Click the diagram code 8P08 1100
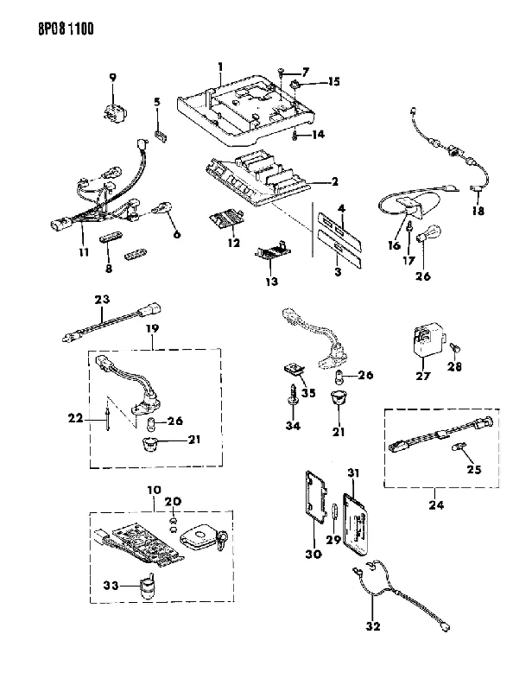[66, 29]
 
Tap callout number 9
[113, 78]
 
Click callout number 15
[334, 81]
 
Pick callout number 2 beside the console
[334, 181]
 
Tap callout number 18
[478, 211]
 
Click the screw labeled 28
[455, 349]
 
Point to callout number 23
[102, 299]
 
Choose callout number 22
[75, 417]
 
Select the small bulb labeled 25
[458, 449]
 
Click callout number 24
[436, 504]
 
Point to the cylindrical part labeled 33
[147, 586]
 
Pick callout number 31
[353, 472]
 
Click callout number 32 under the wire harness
[373, 625]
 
